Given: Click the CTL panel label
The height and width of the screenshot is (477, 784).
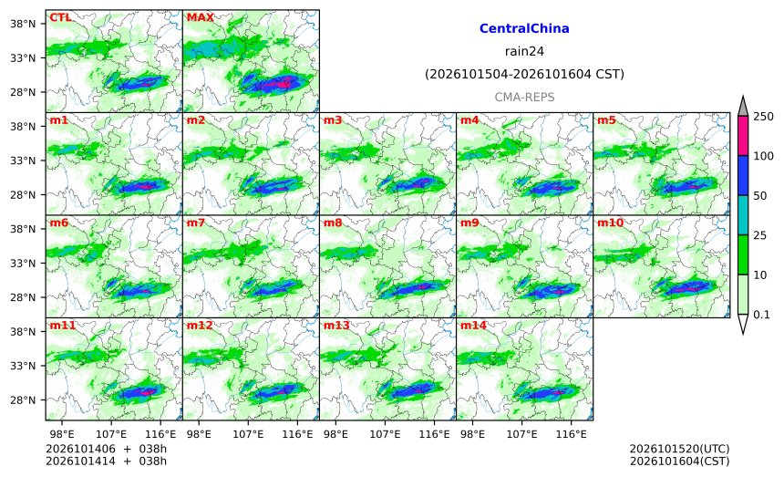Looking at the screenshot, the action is [60, 17].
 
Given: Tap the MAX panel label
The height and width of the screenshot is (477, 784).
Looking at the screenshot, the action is [200, 17].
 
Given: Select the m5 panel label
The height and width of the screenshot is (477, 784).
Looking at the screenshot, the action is [606, 120].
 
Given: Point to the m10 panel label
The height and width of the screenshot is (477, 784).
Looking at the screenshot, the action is [610, 223].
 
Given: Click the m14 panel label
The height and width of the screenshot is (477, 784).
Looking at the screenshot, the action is [473, 326].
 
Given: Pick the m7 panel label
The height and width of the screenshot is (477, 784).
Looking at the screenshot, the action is [196, 223].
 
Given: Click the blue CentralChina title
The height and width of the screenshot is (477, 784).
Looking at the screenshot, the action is [524, 28].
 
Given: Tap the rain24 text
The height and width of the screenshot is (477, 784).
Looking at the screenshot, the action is [524, 51].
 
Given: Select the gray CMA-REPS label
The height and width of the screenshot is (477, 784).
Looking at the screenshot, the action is [524, 97].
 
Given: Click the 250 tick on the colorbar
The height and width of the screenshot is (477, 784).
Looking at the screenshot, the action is [764, 117].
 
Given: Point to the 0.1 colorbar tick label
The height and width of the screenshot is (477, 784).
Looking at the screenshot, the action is [761, 315].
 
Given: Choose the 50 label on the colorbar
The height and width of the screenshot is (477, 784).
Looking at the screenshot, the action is [760, 195].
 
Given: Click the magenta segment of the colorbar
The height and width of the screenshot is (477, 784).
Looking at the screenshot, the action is [743, 136].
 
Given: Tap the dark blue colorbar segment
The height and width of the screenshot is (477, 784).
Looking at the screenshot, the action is [743, 175].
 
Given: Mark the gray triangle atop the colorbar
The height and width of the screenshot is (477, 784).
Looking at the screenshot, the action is [743, 106].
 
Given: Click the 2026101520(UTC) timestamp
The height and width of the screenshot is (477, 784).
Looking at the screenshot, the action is [679, 449].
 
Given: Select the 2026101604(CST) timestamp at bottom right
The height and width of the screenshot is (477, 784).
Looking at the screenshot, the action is [679, 461].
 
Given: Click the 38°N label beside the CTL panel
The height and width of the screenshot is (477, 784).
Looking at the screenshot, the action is [23, 24].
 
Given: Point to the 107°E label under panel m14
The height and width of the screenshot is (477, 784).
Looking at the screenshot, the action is [522, 434].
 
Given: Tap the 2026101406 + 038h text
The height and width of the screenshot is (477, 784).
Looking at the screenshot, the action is [106, 449].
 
